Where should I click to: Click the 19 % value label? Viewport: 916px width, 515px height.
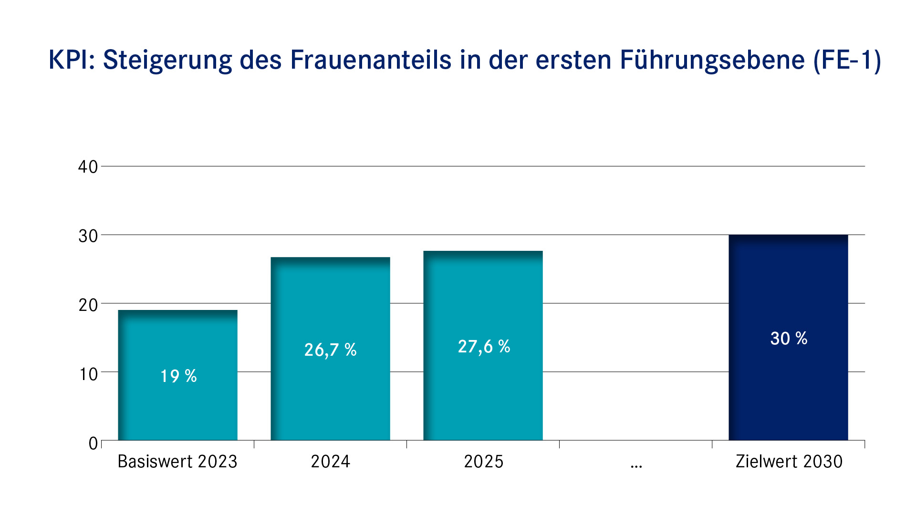pos(178,376)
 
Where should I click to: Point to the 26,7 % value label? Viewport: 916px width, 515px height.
pos(331,350)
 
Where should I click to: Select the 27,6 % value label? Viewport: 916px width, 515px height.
pos(484,347)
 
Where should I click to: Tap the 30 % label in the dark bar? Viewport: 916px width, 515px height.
pos(789,339)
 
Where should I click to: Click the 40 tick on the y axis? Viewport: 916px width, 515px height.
pos(88,167)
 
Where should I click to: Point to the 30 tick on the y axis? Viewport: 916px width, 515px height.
pos(88,236)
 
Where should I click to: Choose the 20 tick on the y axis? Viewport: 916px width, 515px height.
pos(88,305)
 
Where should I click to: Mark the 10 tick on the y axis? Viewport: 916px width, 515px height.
pos(88,374)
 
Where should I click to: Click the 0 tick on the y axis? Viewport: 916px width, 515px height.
pos(93,443)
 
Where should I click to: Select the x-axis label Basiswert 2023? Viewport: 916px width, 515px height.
pos(177,462)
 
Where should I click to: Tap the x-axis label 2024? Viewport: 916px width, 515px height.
pos(330,462)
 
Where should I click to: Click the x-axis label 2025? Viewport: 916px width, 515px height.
pos(483,462)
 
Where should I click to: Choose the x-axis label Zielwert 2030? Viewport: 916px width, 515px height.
pos(789,462)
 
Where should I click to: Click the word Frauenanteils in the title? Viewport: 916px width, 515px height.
pos(371,60)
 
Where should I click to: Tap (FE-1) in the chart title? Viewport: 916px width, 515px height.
pos(847,61)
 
